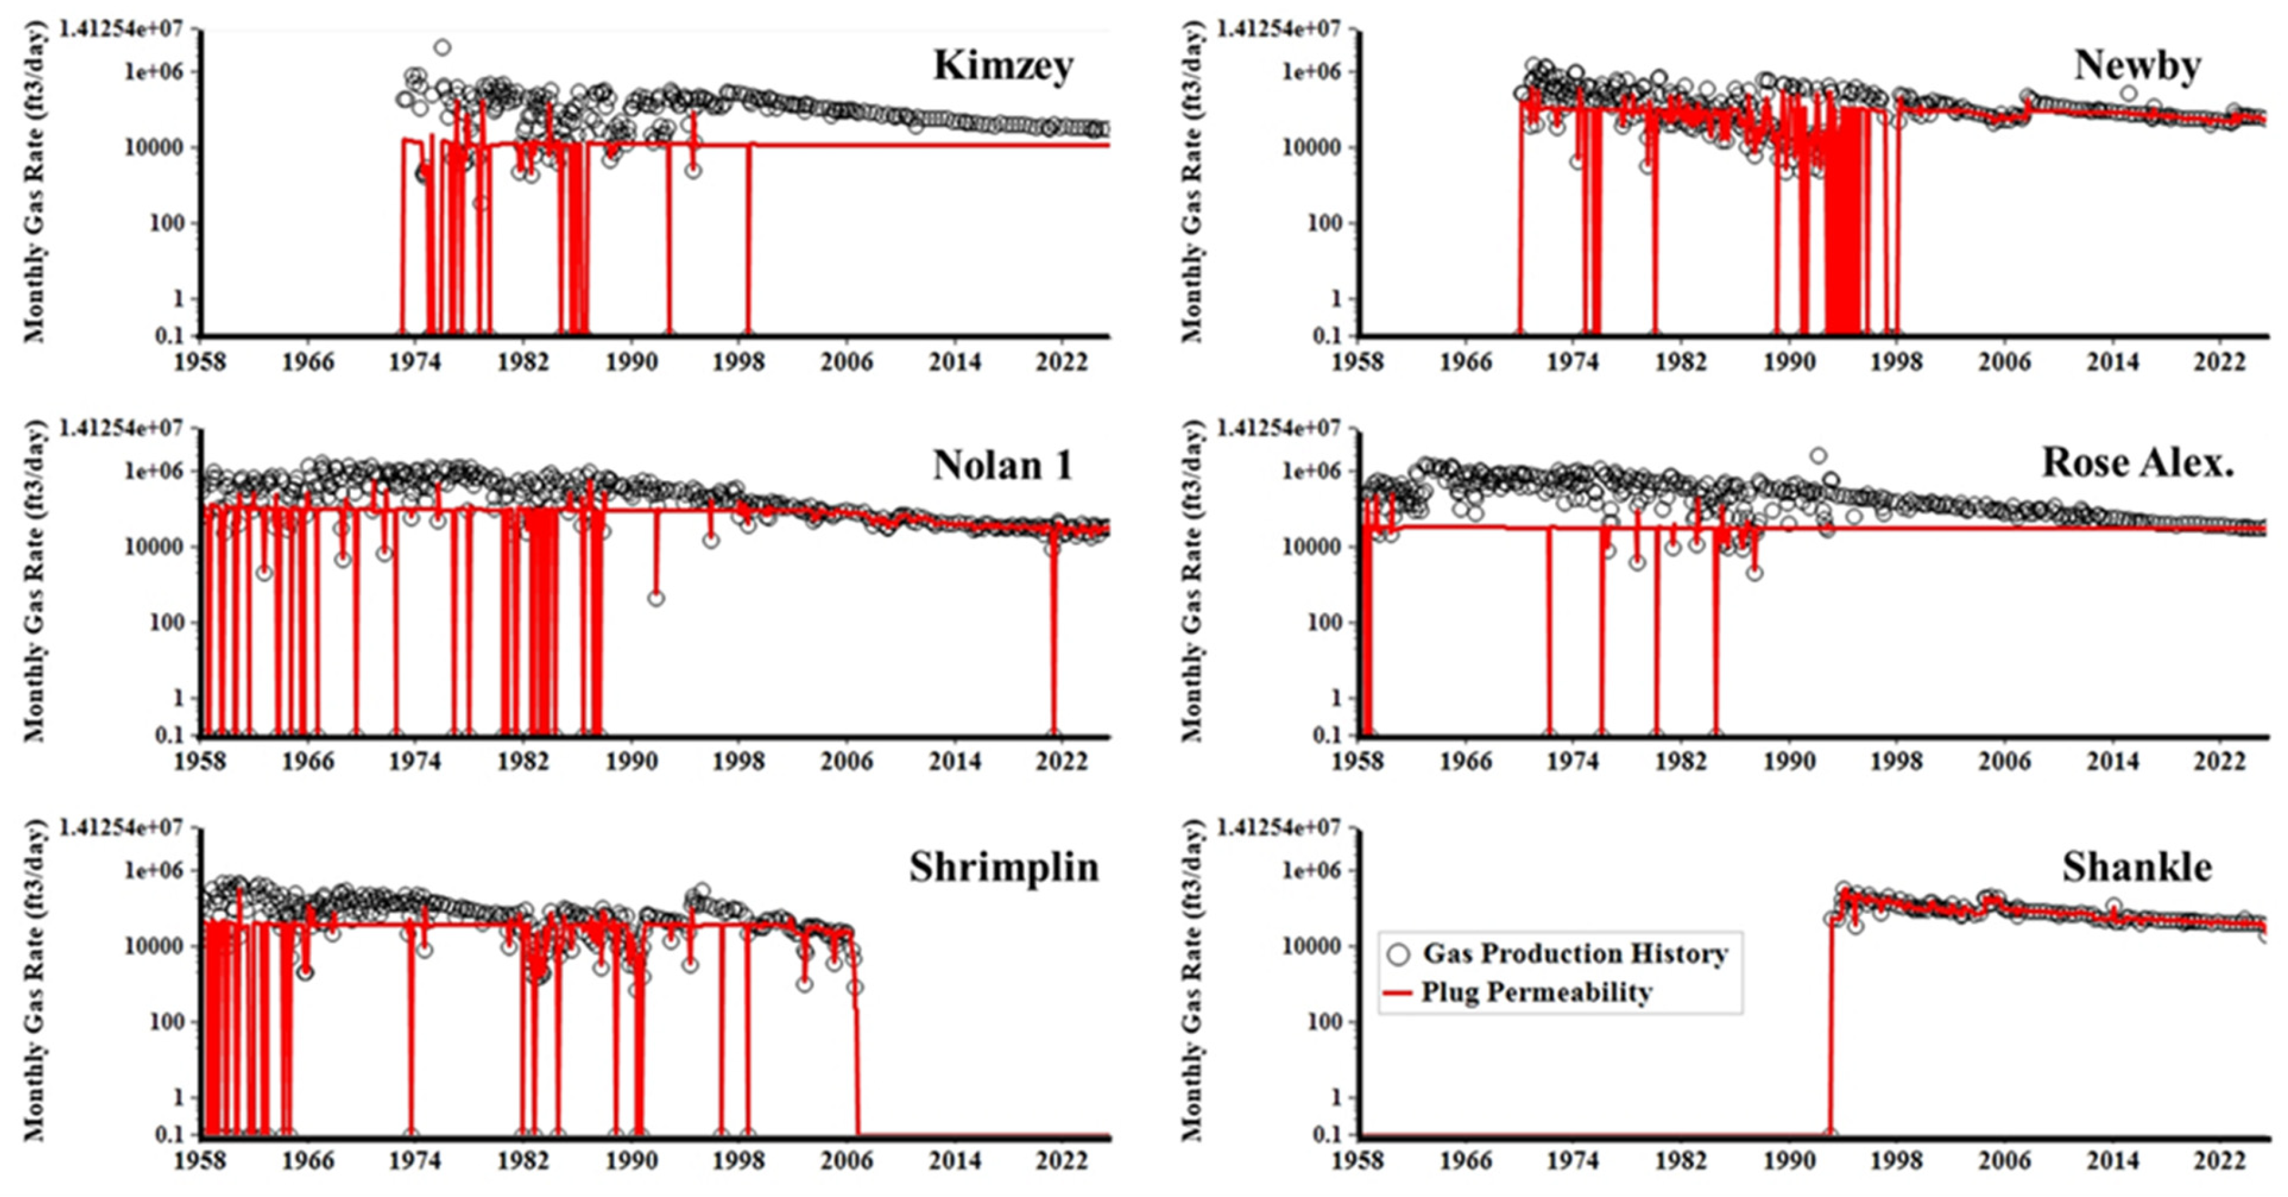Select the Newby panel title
[x=2137, y=65]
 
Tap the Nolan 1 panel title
[x=1003, y=465]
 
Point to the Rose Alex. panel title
[x=2137, y=462]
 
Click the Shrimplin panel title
[x=1004, y=867]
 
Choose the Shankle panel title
[x=2137, y=867]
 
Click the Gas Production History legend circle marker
[x=1398, y=954]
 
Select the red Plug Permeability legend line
[x=1397, y=992]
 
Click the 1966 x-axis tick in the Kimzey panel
[x=308, y=362]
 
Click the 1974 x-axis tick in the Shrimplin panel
[x=415, y=1160]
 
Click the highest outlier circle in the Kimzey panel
[x=441, y=47]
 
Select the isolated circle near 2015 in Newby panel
[x=2128, y=93]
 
